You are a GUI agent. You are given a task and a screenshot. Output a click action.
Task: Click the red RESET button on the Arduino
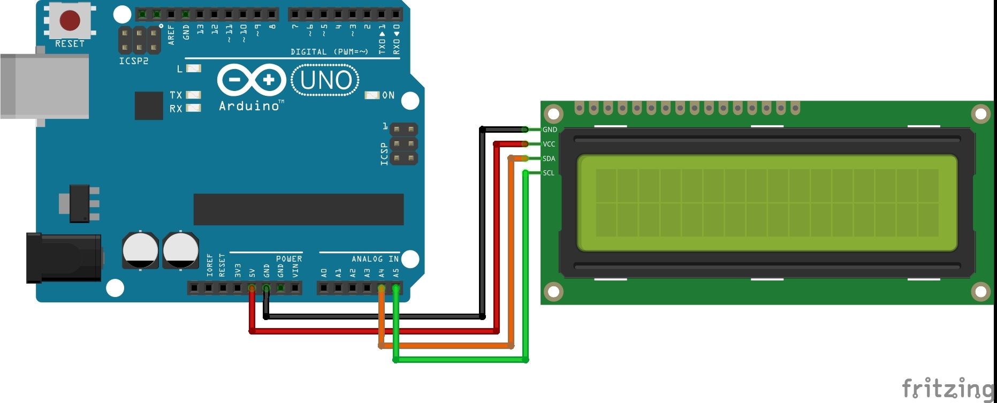point(70,20)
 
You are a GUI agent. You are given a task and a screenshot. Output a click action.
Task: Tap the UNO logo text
point(325,80)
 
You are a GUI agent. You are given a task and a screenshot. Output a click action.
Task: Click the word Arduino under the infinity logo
point(249,106)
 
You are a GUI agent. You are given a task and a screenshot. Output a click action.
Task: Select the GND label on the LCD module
point(550,130)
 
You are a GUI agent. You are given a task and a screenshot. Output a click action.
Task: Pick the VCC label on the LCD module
point(549,144)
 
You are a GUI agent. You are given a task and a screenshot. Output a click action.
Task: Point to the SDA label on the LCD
point(549,158)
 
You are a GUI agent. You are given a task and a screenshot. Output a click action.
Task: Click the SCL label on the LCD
point(549,173)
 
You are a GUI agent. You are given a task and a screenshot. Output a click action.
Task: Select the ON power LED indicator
point(371,95)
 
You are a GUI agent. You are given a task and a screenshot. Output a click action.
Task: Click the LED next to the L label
point(193,69)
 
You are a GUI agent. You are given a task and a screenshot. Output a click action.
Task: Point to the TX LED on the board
point(193,95)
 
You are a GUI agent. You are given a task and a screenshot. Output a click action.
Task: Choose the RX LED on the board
point(193,108)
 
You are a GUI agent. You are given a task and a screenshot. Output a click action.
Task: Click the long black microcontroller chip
point(298,209)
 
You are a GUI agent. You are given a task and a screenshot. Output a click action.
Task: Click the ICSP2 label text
point(134,61)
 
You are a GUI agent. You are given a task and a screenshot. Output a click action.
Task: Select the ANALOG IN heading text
point(375,259)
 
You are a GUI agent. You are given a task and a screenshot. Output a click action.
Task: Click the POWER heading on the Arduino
point(289,259)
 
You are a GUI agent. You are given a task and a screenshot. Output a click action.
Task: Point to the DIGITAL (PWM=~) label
point(329,52)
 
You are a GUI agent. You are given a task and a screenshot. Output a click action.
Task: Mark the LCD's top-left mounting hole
point(553,113)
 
